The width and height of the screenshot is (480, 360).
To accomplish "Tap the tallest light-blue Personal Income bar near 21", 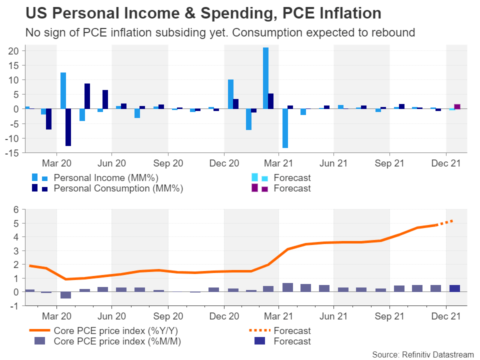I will pos(265,78).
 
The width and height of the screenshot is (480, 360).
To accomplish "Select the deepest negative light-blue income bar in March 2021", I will pos(285,128).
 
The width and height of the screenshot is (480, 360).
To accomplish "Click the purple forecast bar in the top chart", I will pos(457,106).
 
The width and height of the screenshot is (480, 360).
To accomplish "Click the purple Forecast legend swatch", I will pos(254,188).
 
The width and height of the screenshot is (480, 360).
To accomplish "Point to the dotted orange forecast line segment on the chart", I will pos(445,223).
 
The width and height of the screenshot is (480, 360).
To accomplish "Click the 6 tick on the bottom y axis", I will pos(16,209).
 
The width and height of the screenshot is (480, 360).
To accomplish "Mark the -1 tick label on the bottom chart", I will pos(14,306).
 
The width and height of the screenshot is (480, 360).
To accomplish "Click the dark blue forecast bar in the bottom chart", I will pos(454,288).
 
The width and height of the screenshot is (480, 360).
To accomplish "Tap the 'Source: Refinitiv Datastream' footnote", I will pos(423,354).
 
